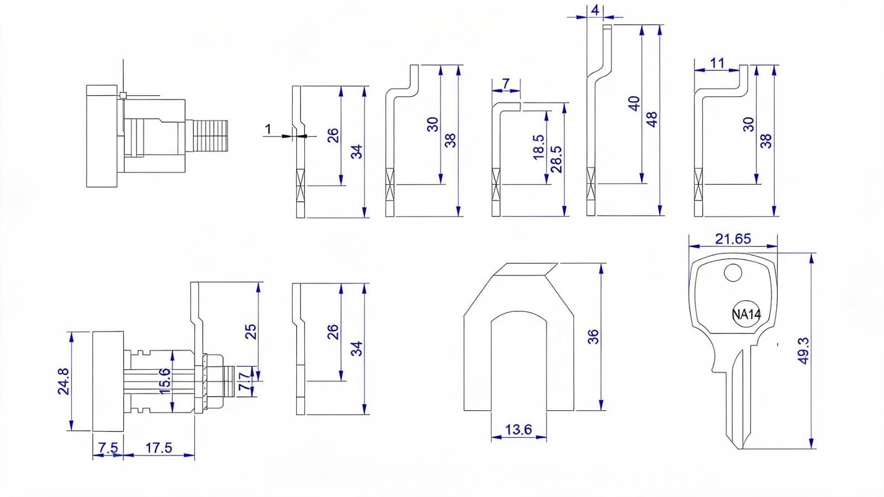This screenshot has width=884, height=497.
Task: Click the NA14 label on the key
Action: tap(746, 315)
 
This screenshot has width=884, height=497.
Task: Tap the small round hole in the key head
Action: tap(733, 273)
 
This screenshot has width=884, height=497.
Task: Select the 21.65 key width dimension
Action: tap(733, 239)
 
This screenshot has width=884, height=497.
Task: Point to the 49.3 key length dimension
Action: tap(803, 350)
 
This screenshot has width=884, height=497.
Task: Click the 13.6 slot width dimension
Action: tap(519, 429)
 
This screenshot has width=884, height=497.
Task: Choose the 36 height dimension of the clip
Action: tap(593, 336)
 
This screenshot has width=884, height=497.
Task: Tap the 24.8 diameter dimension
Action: tap(63, 381)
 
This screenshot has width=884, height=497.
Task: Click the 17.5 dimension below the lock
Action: tap(159, 448)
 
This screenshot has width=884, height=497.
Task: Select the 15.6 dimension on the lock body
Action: tap(165, 381)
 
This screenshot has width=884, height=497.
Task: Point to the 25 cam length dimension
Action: tap(251, 332)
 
